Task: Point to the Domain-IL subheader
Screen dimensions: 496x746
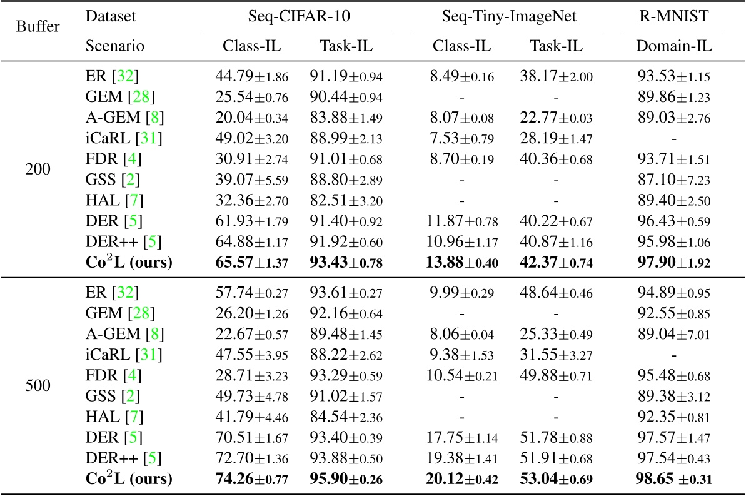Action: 674,46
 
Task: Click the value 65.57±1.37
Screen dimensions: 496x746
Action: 249,263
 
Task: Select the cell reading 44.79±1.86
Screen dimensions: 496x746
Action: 249,77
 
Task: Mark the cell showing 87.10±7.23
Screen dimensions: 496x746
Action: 674,180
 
